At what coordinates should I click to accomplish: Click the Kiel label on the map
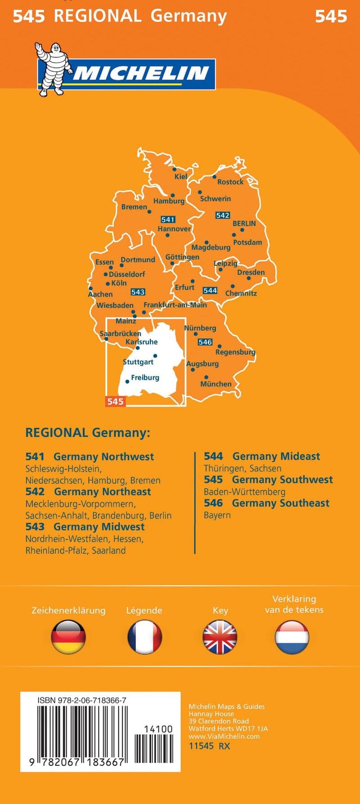tap(180, 176)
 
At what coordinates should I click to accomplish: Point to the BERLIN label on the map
tap(244, 223)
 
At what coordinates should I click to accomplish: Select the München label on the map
tap(216, 384)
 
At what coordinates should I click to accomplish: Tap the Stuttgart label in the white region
tap(138, 362)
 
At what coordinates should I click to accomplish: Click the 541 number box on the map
tap(168, 220)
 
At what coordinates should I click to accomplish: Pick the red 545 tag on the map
tap(115, 401)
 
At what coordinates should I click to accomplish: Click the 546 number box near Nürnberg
tap(205, 342)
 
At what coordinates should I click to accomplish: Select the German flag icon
tap(68, 637)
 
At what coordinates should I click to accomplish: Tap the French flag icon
tap(144, 637)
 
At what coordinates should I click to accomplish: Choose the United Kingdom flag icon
tap(220, 637)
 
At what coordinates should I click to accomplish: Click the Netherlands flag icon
tap(292, 637)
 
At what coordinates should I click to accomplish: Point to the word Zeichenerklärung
tap(68, 611)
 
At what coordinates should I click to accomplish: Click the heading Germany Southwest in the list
tap(282, 480)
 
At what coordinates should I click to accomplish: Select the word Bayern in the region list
tap(217, 515)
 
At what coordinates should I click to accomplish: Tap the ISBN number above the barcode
tap(82, 701)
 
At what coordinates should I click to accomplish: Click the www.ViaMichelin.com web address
tap(224, 736)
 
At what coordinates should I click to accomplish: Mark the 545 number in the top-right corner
tap(331, 17)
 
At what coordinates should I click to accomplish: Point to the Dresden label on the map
tap(251, 272)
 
